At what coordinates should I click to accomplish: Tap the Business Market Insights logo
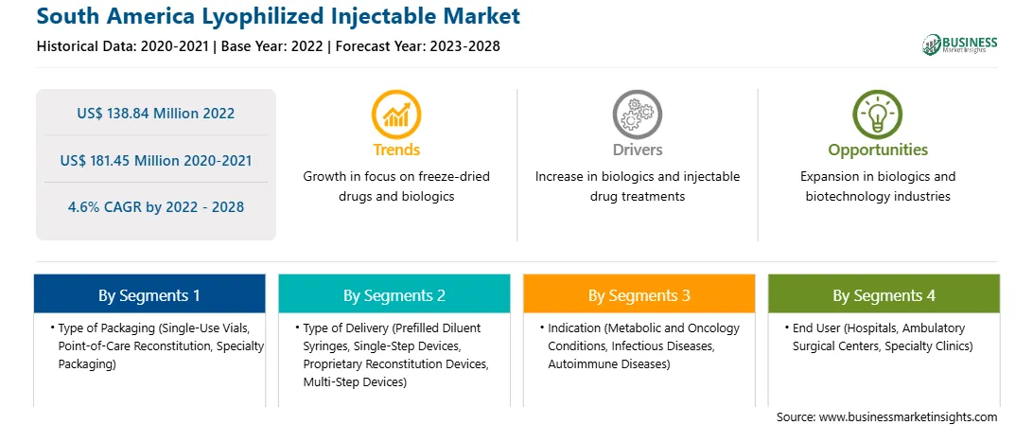960,44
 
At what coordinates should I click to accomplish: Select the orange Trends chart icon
396,114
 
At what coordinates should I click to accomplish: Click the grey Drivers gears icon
637,114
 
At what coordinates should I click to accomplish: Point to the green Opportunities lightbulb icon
878,114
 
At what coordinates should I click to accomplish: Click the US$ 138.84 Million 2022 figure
155,114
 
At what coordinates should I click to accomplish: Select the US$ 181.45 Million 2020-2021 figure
155,160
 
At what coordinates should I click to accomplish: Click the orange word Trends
396,150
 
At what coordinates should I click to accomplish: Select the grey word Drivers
637,150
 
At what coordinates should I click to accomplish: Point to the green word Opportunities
878,151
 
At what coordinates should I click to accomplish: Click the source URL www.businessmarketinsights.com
908,417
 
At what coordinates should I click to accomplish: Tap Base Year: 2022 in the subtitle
272,46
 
